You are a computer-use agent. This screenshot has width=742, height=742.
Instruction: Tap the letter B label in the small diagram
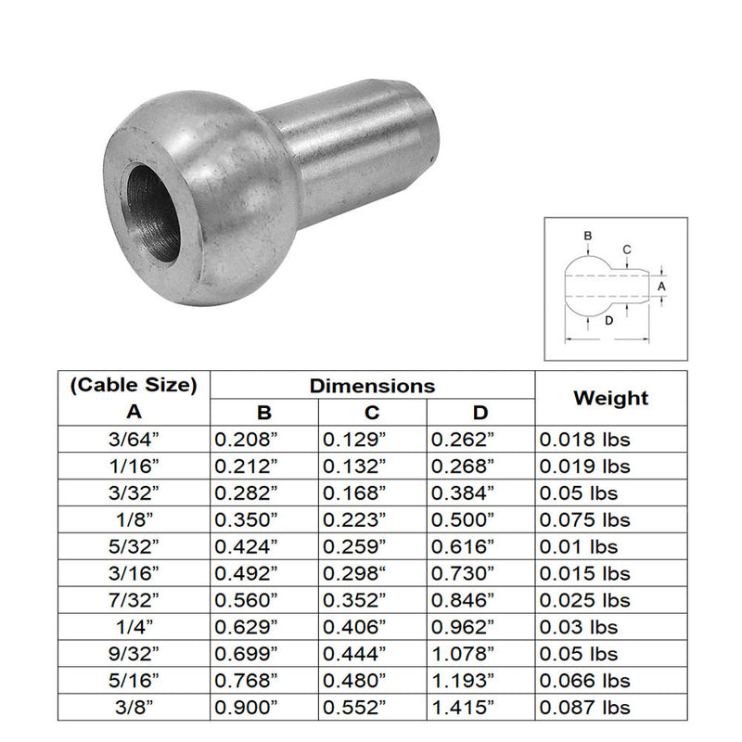(588, 237)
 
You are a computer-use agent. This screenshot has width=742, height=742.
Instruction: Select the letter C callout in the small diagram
(627, 249)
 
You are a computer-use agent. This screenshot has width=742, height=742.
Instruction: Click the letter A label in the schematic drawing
(661, 288)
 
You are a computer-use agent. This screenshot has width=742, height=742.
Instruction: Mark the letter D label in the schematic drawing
(608, 321)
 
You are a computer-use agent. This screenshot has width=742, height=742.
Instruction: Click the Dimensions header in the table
(372, 385)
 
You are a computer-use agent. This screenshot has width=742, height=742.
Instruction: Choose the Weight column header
(610, 398)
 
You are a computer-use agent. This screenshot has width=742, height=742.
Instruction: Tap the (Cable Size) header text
(134, 385)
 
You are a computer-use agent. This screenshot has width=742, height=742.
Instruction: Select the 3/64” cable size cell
(134, 440)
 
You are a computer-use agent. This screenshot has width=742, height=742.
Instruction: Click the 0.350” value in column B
(246, 520)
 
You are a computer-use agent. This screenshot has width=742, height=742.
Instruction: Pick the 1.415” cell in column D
(461, 709)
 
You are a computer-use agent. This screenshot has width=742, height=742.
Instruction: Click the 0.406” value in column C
(353, 628)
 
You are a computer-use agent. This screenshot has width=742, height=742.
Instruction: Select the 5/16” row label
(134, 682)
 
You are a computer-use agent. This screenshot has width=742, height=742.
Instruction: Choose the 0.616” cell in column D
(461, 547)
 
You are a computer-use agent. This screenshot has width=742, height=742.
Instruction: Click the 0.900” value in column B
(246, 709)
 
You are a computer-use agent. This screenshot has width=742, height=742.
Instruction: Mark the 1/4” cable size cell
(134, 628)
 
